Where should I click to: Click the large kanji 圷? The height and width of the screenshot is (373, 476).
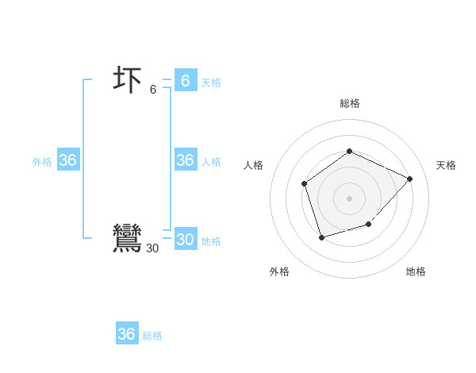[x=128, y=81]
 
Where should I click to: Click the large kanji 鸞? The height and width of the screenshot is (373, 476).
[x=127, y=238]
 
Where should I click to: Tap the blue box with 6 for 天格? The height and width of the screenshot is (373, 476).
[x=185, y=80]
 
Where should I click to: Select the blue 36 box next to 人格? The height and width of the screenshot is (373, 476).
[x=185, y=160]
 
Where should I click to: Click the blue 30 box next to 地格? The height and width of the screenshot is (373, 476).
[x=185, y=240]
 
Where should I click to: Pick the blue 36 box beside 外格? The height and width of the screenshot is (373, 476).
[x=67, y=160]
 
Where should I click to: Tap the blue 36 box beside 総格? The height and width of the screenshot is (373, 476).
[x=126, y=334]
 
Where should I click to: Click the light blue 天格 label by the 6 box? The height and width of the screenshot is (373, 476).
[x=211, y=82]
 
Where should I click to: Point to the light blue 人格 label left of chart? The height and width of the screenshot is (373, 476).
[x=211, y=162]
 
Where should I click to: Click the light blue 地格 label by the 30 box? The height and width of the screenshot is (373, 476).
[x=211, y=241]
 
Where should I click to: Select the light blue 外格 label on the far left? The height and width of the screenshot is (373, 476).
[x=42, y=162]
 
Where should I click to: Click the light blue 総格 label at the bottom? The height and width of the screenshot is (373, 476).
[x=152, y=336]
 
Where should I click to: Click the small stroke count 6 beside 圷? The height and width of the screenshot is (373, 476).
[x=153, y=90]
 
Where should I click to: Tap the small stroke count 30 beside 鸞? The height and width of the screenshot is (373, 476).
[x=152, y=248]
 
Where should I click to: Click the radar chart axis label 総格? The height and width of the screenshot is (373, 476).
[x=349, y=103]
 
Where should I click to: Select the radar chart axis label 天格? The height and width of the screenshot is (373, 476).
[x=446, y=165]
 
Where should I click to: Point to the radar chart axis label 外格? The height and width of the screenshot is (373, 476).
[x=279, y=271]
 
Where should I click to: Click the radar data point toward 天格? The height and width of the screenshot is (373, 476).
[x=409, y=179]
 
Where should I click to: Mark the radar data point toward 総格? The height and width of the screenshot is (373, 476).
[x=349, y=151]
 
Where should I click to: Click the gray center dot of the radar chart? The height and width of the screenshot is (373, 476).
[x=349, y=198]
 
